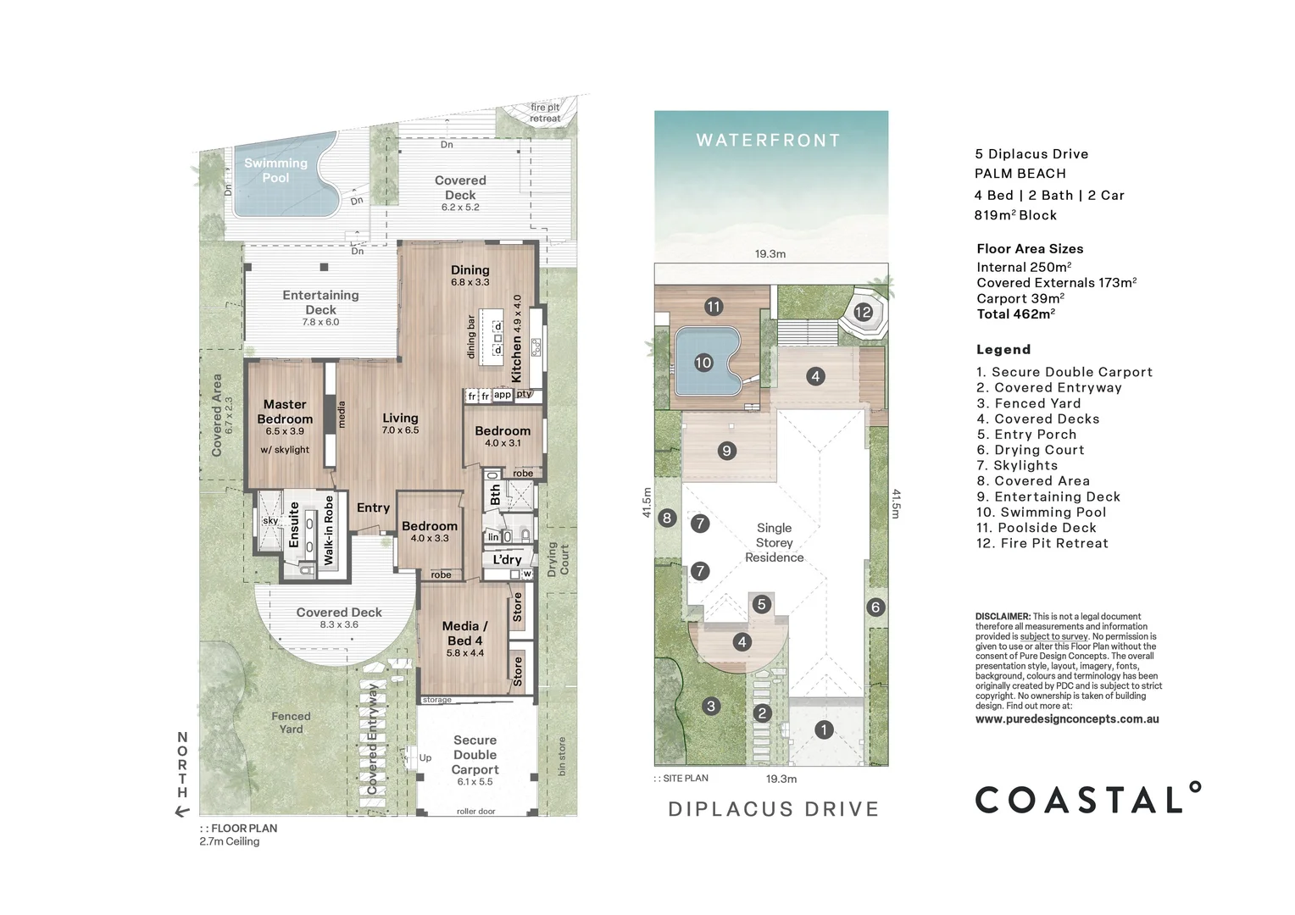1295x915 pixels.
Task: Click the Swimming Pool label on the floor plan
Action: (275, 170)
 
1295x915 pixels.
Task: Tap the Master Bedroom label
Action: (285, 412)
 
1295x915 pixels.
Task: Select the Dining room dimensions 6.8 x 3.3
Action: (470, 283)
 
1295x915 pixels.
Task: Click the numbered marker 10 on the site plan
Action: (703, 363)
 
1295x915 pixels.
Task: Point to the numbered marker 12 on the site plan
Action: (863, 312)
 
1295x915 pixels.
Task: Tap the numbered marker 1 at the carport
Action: (824, 729)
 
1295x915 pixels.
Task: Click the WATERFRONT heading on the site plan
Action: (769, 141)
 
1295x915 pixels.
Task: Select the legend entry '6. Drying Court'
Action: (1030, 450)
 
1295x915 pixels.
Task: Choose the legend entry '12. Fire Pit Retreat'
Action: (1042, 543)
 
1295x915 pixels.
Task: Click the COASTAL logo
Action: (1087, 800)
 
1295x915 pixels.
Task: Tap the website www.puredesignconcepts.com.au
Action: (1067, 719)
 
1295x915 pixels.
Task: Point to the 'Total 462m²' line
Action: (1015, 314)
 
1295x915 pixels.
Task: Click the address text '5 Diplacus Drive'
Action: (1031, 154)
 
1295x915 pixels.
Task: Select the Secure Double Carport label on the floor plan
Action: (475, 755)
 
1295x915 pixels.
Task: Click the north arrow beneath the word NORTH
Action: (181, 812)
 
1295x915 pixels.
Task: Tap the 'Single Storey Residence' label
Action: (774, 542)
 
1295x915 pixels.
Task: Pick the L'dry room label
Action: (507, 559)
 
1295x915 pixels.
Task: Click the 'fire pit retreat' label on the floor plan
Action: (545, 113)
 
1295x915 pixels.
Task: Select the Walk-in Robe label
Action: (329, 530)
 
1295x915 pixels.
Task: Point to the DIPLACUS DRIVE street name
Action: (773, 809)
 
